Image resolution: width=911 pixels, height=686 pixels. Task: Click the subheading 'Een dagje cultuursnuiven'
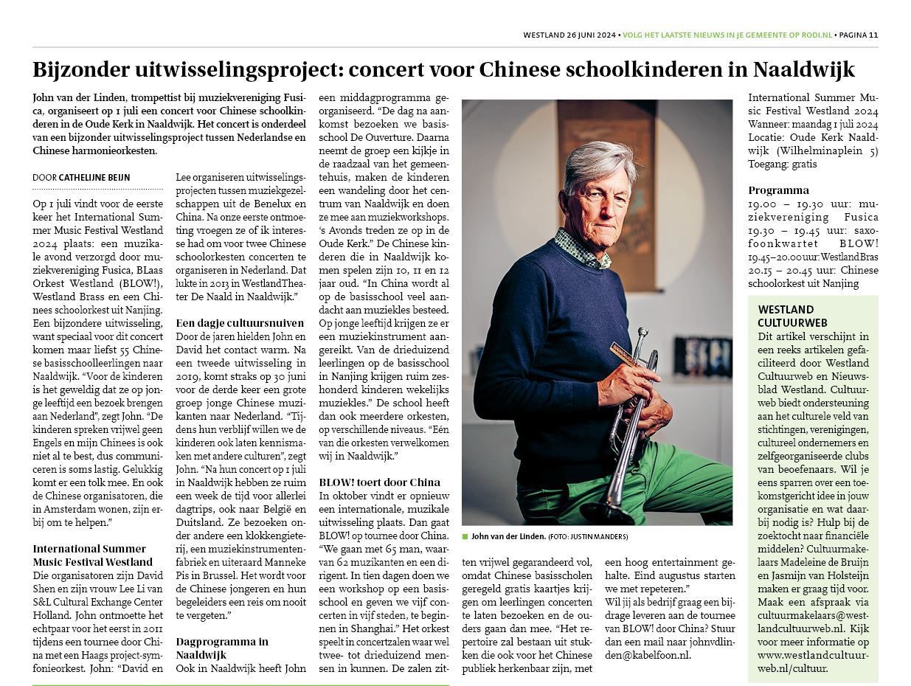pyautogui.click(x=240, y=323)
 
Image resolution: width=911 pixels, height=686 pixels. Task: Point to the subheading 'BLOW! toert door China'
pyautogui.click(x=379, y=482)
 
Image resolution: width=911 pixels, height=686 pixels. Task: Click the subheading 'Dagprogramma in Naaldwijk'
pyautogui.click(x=222, y=648)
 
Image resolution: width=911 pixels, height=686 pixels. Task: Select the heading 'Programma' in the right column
pyautogui.click(x=778, y=190)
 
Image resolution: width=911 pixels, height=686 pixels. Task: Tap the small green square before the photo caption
pyautogui.click(x=465, y=536)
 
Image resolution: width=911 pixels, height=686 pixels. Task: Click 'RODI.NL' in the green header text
pyautogui.click(x=815, y=35)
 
